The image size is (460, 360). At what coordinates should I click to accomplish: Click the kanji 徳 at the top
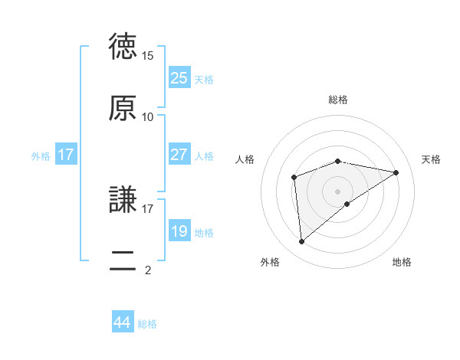tap(123, 47)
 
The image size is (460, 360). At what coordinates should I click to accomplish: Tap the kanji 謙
tap(123, 200)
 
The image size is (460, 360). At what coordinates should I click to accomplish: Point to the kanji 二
tap(123, 260)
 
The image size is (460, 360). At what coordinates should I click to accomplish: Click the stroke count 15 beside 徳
tap(148, 56)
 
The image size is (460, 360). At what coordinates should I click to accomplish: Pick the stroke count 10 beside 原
tap(148, 116)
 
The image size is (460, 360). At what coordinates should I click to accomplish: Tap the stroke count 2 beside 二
tap(148, 270)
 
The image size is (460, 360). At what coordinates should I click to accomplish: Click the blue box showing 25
tap(179, 77)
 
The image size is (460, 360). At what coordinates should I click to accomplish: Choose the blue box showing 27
tap(179, 154)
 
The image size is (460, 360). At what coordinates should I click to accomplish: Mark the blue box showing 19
tap(179, 231)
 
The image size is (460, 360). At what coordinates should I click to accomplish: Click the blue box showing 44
tap(123, 322)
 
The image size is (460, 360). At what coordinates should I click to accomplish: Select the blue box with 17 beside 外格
tap(66, 154)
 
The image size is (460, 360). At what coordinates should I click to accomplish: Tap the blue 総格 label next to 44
tap(147, 324)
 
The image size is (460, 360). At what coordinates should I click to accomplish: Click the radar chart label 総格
tap(338, 100)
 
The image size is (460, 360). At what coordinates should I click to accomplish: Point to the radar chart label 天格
tap(431, 159)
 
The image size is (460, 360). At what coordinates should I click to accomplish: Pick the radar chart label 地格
tap(402, 262)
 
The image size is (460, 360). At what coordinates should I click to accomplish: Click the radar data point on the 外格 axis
tap(301, 242)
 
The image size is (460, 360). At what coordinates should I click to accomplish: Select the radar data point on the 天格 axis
tap(396, 172)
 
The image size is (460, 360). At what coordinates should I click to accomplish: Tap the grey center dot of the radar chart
tap(338, 191)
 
